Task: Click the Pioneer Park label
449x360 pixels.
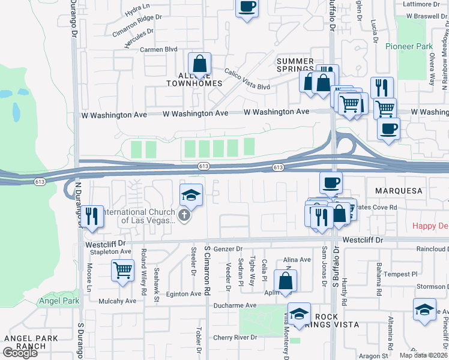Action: (x=409, y=46)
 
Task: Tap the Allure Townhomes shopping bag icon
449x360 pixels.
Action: (x=199, y=64)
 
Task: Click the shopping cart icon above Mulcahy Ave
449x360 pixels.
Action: (x=122, y=271)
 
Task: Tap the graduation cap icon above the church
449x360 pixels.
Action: (x=191, y=195)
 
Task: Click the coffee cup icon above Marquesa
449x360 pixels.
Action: (x=330, y=182)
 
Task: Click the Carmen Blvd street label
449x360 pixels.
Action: (x=159, y=49)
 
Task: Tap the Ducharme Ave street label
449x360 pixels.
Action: (x=235, y=305)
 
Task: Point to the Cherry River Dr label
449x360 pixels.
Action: (x=235, y=338)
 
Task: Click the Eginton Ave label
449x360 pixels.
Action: (x=184, y=294)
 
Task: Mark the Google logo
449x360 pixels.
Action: (x=20, y=352)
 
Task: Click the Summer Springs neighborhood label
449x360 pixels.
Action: (x=295, y=65)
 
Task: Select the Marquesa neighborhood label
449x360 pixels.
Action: (x=399, y=190)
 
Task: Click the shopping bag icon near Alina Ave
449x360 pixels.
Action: (x=285, y=280)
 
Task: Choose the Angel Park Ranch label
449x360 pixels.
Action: (x=30, y=342)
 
